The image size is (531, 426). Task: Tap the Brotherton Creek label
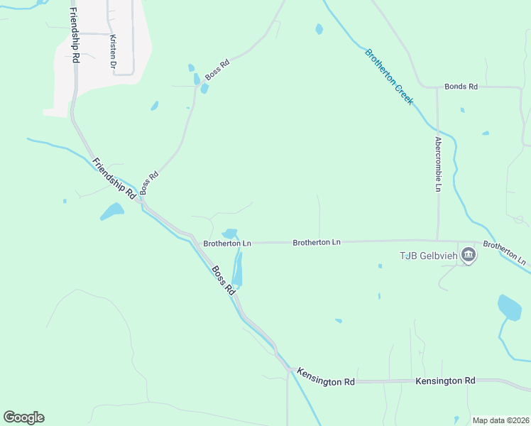click(x=388, y=77)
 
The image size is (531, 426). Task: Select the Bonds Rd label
click(x=461, y=87)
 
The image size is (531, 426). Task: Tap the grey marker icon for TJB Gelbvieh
click(x=468, y=254)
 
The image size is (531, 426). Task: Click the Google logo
click(x=24, y=417)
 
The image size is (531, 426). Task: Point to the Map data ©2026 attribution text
click(x=500, y=420)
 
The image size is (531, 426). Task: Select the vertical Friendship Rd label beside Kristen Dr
click(x=75, y=36)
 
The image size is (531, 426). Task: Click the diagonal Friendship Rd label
click(x=114, y=177)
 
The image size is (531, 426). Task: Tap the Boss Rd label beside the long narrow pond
click(x=223, y=280)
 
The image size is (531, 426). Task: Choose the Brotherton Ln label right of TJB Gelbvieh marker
click(x=505, y=253)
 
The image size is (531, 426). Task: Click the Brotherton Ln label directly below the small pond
click(x=227, y=243)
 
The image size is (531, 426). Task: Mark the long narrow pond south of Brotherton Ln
click(x=237, y=270)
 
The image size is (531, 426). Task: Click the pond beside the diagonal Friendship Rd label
click(x=111, y=211)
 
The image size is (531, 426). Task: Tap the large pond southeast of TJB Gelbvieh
click(x=509, y=307)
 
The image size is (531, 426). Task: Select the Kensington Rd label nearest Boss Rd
click(x=326, y=377)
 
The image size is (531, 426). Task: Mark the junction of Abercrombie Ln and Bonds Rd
click(x=437, y=87)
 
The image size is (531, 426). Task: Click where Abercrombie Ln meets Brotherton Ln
click(x=437, y=241)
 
